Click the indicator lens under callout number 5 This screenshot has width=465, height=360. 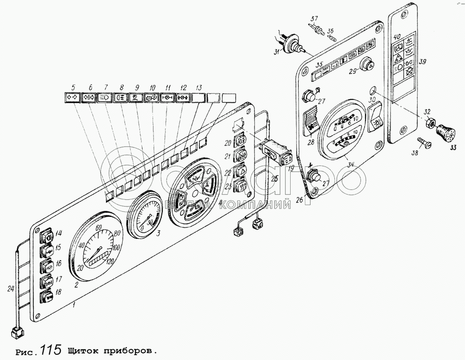73,98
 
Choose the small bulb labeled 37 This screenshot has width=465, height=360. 319,29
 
